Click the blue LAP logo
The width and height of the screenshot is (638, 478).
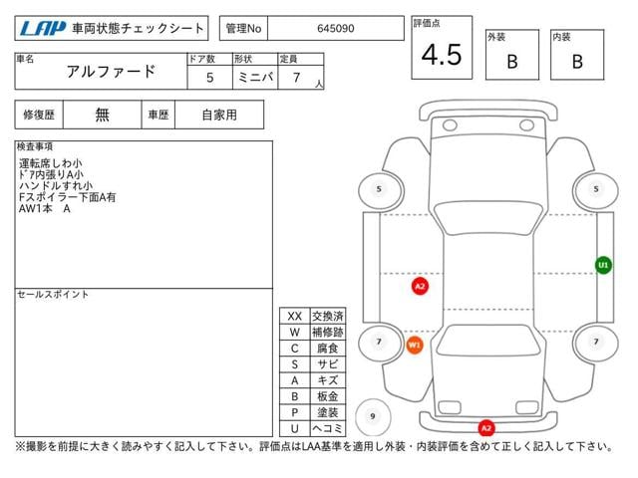tap(43, 29)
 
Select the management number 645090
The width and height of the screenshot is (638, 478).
tap(336, 29)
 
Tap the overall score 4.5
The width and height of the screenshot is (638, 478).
tap(442, 55)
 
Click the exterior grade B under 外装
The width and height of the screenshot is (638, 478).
tap(512, 62)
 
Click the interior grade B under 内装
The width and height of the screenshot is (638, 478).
tap(577, 62)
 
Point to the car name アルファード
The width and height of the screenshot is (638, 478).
tap(111, 72)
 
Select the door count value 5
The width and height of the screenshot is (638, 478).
tap(209, 78)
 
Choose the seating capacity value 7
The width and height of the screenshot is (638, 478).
tap(297, 78)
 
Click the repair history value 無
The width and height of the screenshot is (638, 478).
tap(102, 116)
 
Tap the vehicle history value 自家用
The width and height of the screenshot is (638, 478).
tap(219, 116)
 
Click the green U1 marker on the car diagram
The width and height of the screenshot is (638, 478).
tap(603, 266)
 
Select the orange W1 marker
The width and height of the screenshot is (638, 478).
tap(415, 346)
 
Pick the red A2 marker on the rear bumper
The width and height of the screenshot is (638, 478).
tap(486, 428)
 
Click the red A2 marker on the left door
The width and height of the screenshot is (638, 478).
tap(420, 286)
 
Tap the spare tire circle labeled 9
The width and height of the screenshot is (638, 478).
tap(373, 416)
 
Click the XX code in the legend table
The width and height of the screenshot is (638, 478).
tap(295, 316)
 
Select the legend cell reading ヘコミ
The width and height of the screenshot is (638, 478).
tap(328, 428)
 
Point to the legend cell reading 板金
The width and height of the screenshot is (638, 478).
tap(328, 396)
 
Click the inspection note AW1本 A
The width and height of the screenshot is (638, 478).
tap(45, 209)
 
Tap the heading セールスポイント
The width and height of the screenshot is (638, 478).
tap(53, 295)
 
